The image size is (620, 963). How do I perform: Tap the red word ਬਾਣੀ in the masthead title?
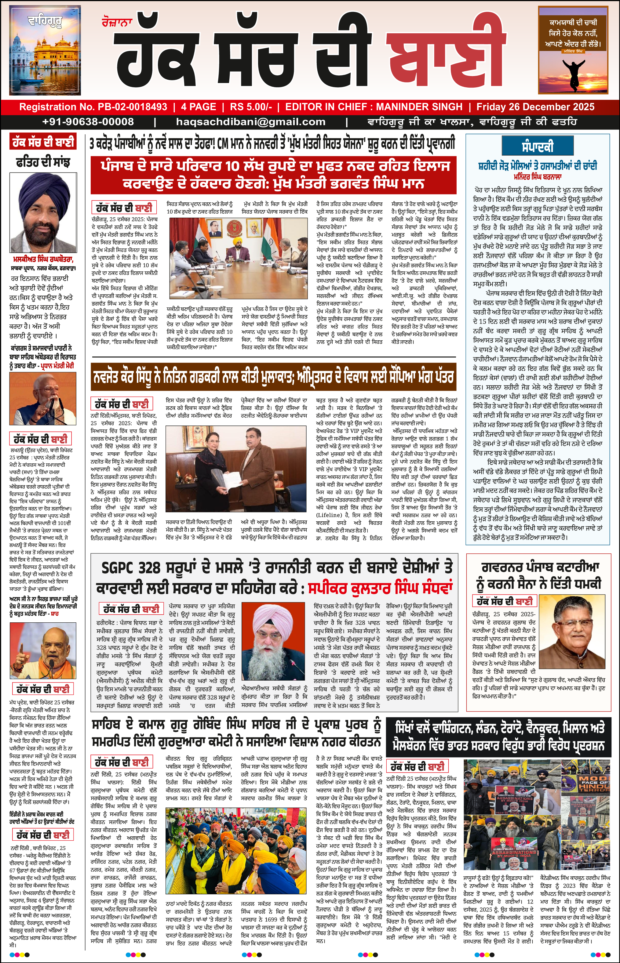tap(445, 56)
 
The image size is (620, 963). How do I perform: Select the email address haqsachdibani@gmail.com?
tap(250, 121)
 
